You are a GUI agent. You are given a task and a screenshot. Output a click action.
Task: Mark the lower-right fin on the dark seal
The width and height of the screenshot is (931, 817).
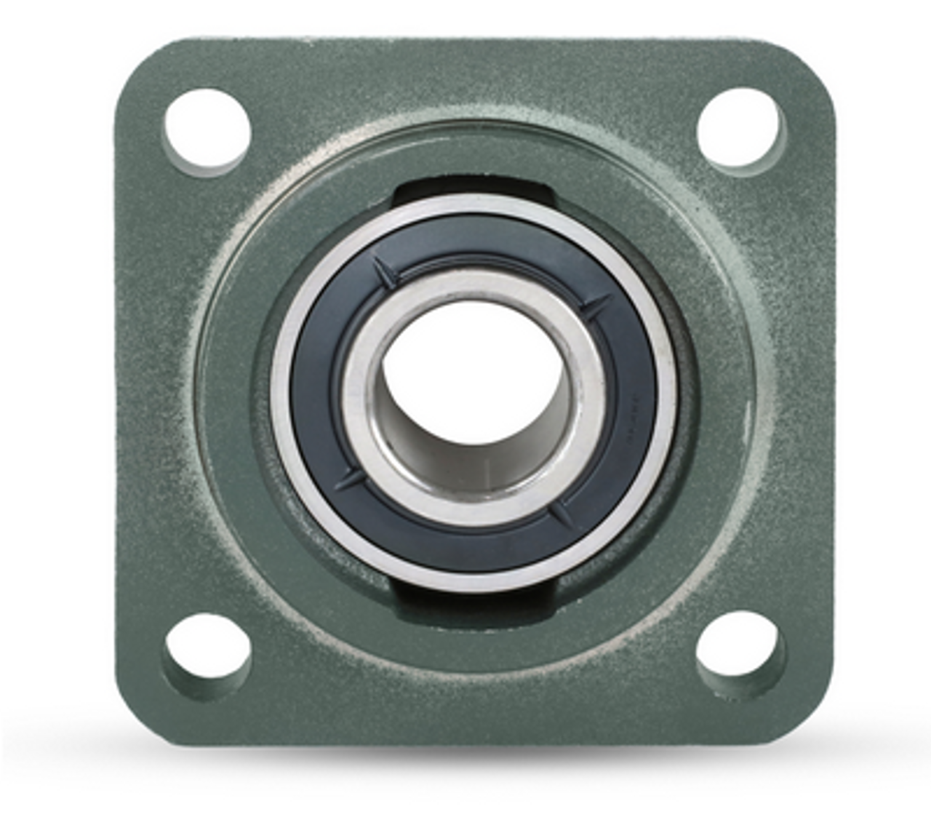coord(562,513)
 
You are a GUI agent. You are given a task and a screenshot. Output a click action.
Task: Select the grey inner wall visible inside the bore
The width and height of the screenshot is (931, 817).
coord(509,444)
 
